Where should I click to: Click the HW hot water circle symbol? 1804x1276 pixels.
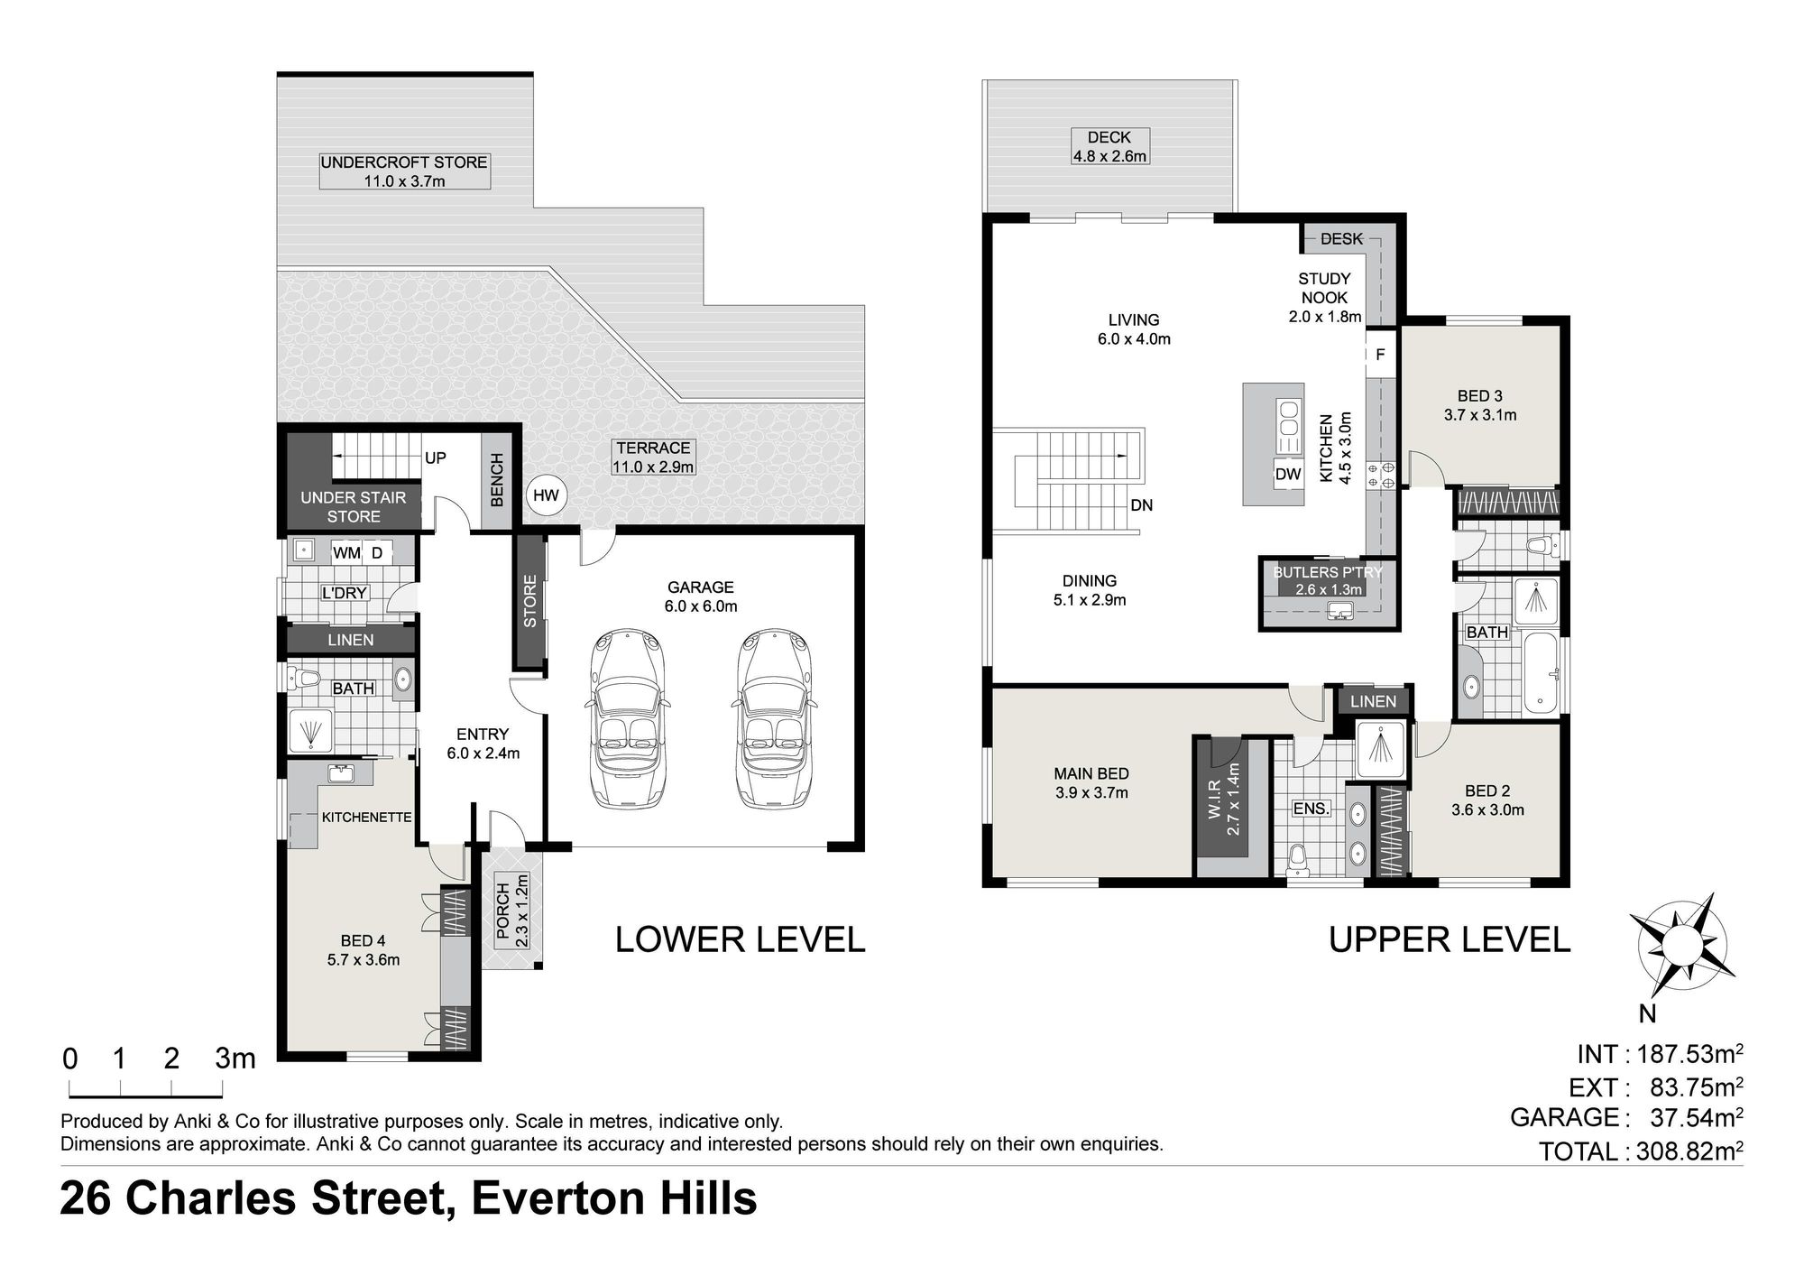pyautogui.click(x=546, y=495)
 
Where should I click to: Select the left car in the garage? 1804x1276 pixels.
pyautogui.click(x=629, y=718)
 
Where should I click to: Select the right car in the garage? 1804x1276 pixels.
pyautogui.click(x=773, y=718)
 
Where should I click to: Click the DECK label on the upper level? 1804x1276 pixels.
pyautogui.click(x=1109, y=137)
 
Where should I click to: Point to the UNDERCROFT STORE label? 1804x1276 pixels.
pyautogui.click(x=404, y=162)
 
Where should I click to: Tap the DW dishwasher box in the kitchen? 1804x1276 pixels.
pyautogui.click(x=1288, y=475)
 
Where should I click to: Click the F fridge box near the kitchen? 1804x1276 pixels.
pyautogui.click(x=1380, y=355)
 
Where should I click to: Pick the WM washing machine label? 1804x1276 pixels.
pyautogui.click(x=346, y=553)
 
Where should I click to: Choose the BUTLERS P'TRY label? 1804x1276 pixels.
pyautogui.click(x=1327, y=572)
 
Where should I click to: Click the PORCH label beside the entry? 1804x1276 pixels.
pyautogui.click(x=503, y=916)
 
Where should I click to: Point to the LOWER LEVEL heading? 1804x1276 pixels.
pyautogui.click(x=740, y=940)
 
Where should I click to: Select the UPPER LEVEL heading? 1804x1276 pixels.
pyautogui.click(x=1450, y=940)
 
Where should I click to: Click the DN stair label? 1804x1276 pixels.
pyautogui.click(x=1142, y=505)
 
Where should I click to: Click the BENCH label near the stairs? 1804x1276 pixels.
pyautogui.click(x=496, y=480)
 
